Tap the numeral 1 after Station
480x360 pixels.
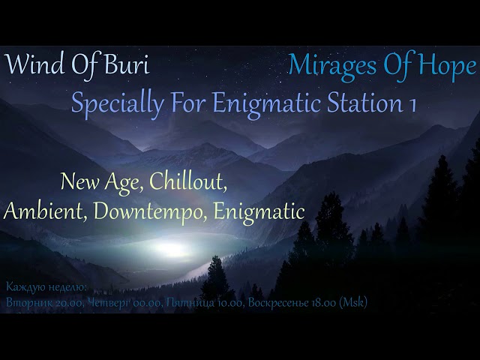[x=412, y=102]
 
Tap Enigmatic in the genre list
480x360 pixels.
[x=259, y=211]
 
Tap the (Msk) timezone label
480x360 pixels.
[x=352, y=302]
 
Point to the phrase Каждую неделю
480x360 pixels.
[x=46, y=287]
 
